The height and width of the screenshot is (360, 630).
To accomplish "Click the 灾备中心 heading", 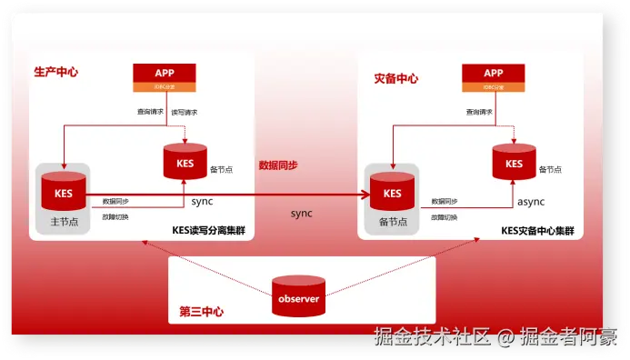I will [396, 79].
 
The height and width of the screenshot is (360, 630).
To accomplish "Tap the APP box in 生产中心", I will [165, 76].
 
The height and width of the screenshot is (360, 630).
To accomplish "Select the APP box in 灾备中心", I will [494, 77].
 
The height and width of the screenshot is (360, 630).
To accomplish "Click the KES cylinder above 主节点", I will [64, 191].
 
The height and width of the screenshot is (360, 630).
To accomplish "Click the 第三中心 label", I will [202, 312].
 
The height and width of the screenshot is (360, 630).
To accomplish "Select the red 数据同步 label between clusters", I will [278, 165].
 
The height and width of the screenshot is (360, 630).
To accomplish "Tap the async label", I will [532, 201].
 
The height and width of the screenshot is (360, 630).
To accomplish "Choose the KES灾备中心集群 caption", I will [537, 231].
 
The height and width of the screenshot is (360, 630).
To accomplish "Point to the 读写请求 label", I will [185, 112].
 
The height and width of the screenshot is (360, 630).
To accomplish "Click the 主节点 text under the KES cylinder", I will [63, 222].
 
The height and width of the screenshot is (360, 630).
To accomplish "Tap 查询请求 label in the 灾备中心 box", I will [480, 112].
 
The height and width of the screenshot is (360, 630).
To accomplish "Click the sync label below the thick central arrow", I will [301, 213].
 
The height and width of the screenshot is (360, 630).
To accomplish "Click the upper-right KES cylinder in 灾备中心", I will [514, 162].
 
